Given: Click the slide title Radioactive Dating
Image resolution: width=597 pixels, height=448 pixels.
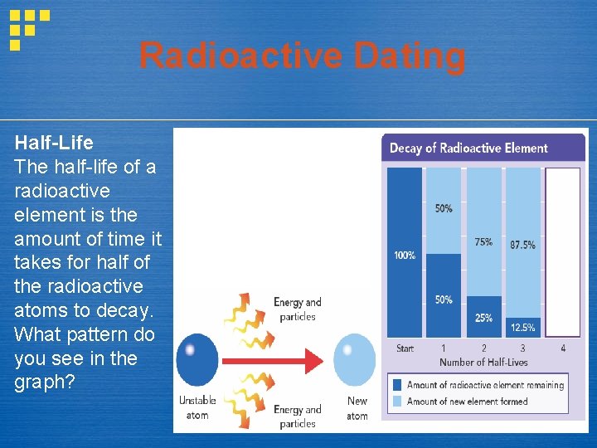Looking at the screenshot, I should coord(302,56).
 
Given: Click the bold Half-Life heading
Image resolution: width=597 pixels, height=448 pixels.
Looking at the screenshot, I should coord(54,142).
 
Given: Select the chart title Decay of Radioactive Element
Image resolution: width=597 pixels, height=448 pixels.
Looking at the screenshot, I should coord(468,149).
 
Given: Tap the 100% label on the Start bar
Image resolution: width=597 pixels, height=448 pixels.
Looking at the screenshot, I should coord(405,256).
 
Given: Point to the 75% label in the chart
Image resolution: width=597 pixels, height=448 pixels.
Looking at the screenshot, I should coord(483,242).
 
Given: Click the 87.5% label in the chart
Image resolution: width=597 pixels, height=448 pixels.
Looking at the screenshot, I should coord(522,245).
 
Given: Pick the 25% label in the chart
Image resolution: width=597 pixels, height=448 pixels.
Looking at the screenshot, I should coord(483,318).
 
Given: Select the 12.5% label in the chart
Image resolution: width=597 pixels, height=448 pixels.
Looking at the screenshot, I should coord(522,328).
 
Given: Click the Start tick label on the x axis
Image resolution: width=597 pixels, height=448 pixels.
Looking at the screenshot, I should coord(405,348).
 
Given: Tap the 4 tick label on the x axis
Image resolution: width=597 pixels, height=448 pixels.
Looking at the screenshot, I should coord(563,348).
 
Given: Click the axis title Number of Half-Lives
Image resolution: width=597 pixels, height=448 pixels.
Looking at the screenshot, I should coord(483,363).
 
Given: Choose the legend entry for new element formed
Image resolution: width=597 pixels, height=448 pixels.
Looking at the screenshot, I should coord(473,401).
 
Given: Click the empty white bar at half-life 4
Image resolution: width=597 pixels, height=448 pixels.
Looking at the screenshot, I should coord(563,253).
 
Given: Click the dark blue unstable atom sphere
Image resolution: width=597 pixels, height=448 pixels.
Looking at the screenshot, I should coord(197,359).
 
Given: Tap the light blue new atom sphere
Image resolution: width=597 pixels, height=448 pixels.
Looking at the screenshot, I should coord(355,359).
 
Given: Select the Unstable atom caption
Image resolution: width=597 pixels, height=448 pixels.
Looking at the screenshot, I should coord(197,407).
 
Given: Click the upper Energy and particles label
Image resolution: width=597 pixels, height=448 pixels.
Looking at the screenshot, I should coord(297,309).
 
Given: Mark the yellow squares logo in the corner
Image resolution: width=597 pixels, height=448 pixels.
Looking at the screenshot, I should coord(28,29).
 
